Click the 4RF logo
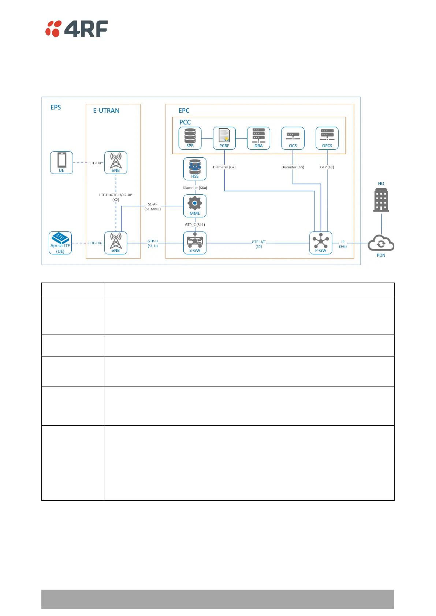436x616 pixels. click(x=77, y=29)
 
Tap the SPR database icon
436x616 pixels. click(x=190, y=138)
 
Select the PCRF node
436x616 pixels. click(x=224, y=138)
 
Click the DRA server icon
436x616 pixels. click(x=258, y=138)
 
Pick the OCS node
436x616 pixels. click(x=293, y=138)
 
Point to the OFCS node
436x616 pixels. click(x=327, y=138)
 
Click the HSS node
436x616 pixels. click(x=195, y=169)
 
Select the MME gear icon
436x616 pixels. click(x=195, y=205)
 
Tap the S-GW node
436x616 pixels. click(x=195, y=243)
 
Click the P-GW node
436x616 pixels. click(x=321, y=243)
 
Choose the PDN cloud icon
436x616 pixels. click(x=381, y=243)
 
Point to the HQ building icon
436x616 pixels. click(x=381, y=200)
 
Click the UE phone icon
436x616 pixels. click(x=62, y=163)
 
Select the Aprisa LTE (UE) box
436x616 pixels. click(x=60, y=243)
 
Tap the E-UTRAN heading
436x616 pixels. click(x=106, y=111)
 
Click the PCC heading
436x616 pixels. click(x=185, y=122)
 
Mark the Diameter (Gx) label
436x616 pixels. click(x=224, y=167)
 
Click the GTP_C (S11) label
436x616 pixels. click(x=195, y=225)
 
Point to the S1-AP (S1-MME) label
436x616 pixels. click(x=153, y=206)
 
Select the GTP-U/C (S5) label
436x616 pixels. click(x=259, y=244)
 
